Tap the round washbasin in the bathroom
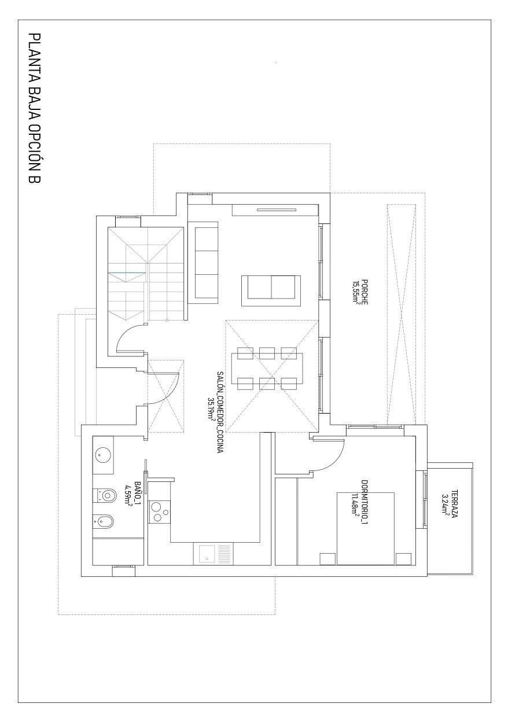[x=104, y=455]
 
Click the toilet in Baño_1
[x=105, y=495]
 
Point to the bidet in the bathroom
[x=104, y=522]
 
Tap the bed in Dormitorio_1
[x=366, y=528]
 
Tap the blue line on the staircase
[x=126, y=272]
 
